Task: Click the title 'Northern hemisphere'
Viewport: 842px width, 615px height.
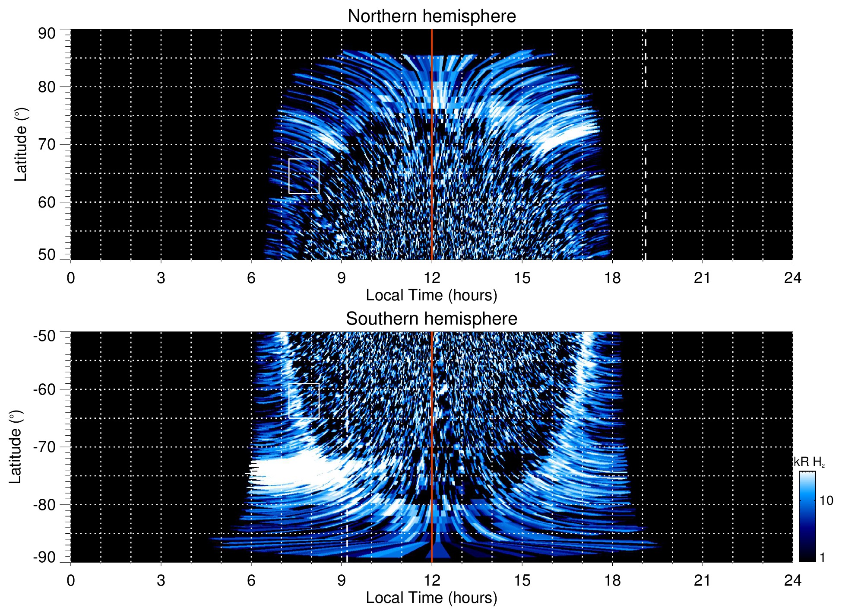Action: point(431,16)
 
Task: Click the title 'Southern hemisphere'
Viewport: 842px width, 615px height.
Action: point(431,319)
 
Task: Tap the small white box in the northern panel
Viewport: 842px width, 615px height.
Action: point(304,176)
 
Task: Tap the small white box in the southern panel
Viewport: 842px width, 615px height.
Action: point(304,401)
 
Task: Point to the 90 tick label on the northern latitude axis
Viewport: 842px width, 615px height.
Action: point(47,34)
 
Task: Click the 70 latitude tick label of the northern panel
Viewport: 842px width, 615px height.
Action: point(47,144)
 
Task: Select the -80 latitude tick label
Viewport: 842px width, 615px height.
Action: point(44,504)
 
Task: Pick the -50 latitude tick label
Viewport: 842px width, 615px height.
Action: point(44,336)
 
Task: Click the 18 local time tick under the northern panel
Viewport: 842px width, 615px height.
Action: point(612,278)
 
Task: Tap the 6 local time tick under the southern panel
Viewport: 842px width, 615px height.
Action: point(251,580)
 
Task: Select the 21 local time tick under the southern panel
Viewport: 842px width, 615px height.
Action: point(703,580)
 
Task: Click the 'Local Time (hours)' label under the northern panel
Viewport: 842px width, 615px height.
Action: point(431,295)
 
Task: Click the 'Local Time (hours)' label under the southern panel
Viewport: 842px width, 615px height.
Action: point(431,598)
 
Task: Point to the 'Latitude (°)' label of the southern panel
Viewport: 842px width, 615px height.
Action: point(16,447)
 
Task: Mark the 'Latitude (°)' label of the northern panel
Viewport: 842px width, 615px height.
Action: point(21,145)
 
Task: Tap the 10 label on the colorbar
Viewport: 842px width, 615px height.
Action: point(826,500)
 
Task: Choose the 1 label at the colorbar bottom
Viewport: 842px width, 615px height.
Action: point(822,558)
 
